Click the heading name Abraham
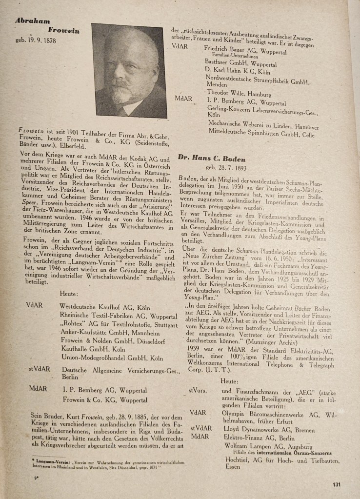(x=32, y=21)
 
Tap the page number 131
(x=336, y=484)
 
